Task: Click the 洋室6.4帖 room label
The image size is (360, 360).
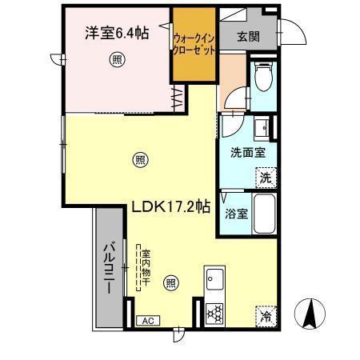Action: click(x=116, y=34)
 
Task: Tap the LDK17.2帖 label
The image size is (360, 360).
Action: click(x=170, y=206)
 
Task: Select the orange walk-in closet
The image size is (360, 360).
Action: click(x=194, y=45)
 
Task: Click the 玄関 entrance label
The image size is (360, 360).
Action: click(x=248, y=36)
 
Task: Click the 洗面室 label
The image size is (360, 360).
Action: click(x=243, y=152)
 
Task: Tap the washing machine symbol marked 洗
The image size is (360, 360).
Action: click(x=265, y=178)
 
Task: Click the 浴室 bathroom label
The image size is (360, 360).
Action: click(x=236, y=214)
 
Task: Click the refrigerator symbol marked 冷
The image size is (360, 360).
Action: click(x=265, y=316)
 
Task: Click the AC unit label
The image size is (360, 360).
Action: click(x=147, y=321)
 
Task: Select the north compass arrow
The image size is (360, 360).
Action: click(x=308, y=314)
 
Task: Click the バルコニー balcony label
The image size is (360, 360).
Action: click(x=109, y=267)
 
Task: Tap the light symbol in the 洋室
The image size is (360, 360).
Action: click(x=118, y=58)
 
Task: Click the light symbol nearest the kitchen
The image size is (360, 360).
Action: click(x=170, y=282)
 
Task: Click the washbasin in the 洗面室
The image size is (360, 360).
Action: click(x=262, y=127)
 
